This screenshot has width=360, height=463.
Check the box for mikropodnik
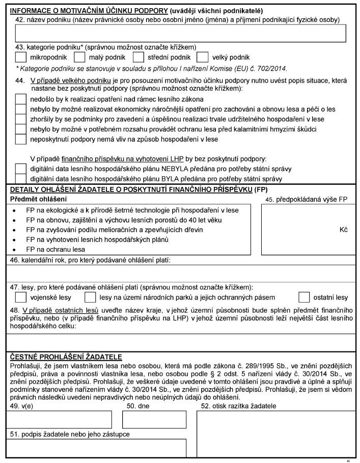coord(21,57)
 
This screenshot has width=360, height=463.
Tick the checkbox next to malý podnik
coord(80,57)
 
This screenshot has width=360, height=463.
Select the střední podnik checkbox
coord(139,57)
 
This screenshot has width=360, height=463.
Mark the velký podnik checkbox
coord(202,57)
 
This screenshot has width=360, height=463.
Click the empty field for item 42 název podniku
coord(176,33)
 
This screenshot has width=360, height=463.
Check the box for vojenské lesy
coord(21,296)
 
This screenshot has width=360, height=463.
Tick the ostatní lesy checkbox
coord(304,296)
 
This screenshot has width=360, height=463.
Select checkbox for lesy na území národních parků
coord(90,296)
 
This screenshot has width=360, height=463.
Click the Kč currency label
coord(343,230)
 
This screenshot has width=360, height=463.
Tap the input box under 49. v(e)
coord(59,419)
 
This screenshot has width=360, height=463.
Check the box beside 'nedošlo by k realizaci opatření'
coord(21,99)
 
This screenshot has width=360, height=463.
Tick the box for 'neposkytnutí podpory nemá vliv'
coord(21,139)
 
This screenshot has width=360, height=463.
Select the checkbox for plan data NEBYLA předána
coord(21,169)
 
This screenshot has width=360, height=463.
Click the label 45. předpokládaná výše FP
coord(306,199)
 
